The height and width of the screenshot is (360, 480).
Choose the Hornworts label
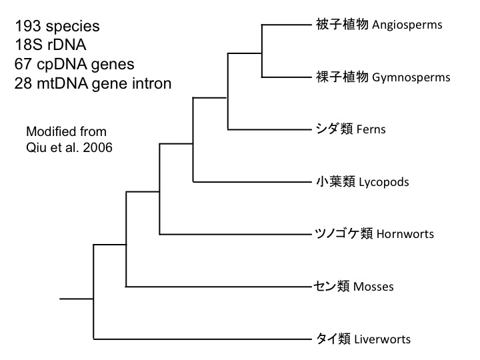point(405,234)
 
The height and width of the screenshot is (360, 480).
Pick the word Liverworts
point(383,339)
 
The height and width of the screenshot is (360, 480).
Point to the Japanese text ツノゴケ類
point(343,233)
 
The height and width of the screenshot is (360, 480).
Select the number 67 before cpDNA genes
point(22,65)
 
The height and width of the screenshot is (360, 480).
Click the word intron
point(152,83)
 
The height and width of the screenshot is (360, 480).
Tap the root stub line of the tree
point(76,299)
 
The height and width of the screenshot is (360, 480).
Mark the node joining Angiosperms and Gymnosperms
point(262,51)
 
